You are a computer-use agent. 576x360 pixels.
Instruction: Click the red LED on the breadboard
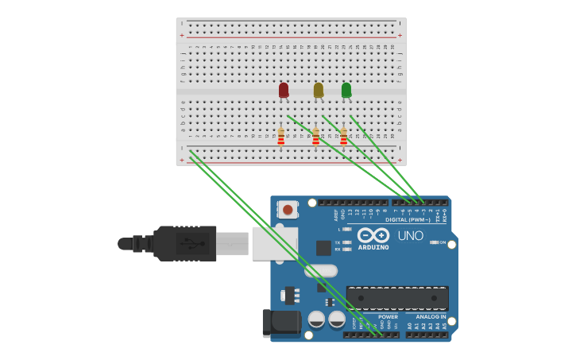point(284,90)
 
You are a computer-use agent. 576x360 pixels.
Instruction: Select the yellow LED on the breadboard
point(318,90)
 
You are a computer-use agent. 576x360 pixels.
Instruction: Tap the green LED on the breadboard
point(346,90)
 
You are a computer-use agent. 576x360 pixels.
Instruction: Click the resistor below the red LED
point(280,137)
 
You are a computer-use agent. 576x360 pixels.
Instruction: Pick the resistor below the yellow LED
point(315,137)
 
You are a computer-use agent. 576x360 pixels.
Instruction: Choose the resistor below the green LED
point(343,137)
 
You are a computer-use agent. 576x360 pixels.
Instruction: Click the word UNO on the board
point(410,235)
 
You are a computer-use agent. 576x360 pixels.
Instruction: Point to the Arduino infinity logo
point(373,235)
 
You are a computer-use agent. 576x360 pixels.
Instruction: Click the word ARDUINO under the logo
point(373,247)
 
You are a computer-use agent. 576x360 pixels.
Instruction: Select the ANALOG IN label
point(431,316)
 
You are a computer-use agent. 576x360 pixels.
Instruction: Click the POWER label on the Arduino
point(388,316)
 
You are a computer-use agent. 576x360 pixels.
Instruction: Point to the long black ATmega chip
point(397,298)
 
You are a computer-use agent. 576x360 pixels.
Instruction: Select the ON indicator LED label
point(443,242)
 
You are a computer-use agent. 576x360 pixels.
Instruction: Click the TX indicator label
point(338,242)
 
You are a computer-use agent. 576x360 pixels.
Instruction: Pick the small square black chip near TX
point(323,248)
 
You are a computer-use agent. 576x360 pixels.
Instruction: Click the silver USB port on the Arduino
point(275,243)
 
